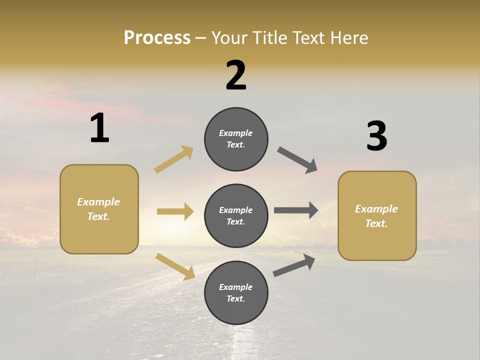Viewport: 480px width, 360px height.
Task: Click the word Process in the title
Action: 157,37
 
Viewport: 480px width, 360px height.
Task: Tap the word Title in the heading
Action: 268,37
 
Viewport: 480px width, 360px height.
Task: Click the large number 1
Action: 99,128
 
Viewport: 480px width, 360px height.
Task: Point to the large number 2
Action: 236,75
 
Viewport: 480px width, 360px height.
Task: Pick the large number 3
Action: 376,136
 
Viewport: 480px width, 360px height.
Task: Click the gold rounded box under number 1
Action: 99,209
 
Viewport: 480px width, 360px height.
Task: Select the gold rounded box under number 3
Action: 377,215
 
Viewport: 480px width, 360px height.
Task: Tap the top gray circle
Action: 236,139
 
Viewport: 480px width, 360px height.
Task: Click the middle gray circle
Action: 236,215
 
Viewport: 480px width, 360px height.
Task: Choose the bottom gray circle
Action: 236,292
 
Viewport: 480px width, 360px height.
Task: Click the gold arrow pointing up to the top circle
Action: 174,159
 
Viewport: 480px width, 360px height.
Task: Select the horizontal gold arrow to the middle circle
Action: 175,211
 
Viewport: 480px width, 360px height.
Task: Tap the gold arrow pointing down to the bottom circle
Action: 175,266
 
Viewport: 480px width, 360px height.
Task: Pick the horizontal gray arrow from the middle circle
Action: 296,210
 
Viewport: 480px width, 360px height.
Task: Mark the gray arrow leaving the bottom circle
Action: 294,265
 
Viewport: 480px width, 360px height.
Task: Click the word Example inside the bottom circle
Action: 236,287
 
